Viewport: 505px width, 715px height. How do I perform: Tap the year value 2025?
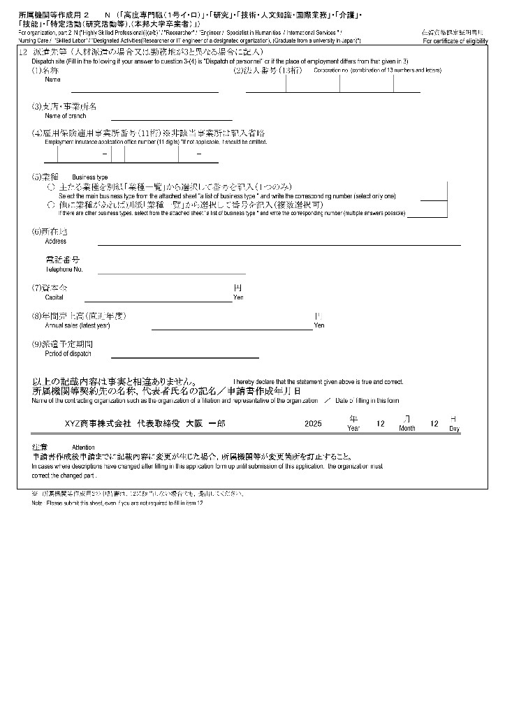[x=313, y=423]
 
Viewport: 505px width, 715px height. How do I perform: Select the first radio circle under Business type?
[x=50, y=188]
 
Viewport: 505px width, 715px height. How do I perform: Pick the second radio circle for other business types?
[x=50, y=205]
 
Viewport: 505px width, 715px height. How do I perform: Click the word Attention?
[x=83, y=447]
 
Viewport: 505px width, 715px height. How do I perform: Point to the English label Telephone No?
[x=64, y=270]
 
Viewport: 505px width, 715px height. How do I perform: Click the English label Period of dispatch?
[x=68, y=354]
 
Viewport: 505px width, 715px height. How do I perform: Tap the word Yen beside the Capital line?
[x=238, y=297]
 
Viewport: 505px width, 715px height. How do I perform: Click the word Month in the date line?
[x=407, y=428]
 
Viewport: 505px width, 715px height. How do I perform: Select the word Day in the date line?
[x=454, y=428]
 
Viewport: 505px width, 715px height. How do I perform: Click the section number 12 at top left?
[x=24, y=52]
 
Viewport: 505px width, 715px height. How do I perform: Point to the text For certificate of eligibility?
[x=455, y=41]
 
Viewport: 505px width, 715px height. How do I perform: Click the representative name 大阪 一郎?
[x=203, y=423]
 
